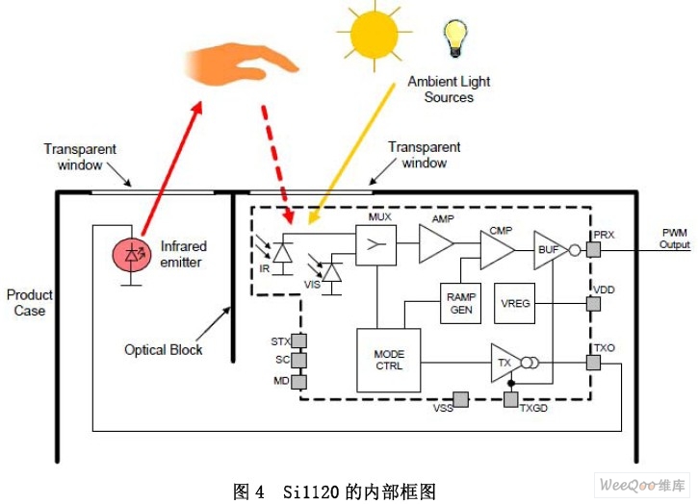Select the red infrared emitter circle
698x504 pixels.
tap(132, 255)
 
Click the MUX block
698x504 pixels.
tap(376, 246)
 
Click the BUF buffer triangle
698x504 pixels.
tap(549, 249)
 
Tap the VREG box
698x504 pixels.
tap(515, 303)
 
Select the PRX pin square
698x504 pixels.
tap(593, 249)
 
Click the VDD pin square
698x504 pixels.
tap(593, 303)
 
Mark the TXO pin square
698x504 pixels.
tap(593, 363)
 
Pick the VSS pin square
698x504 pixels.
tap(460, 399)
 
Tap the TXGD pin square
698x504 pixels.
tap(512, 399)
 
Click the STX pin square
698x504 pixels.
tap(298, 340)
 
